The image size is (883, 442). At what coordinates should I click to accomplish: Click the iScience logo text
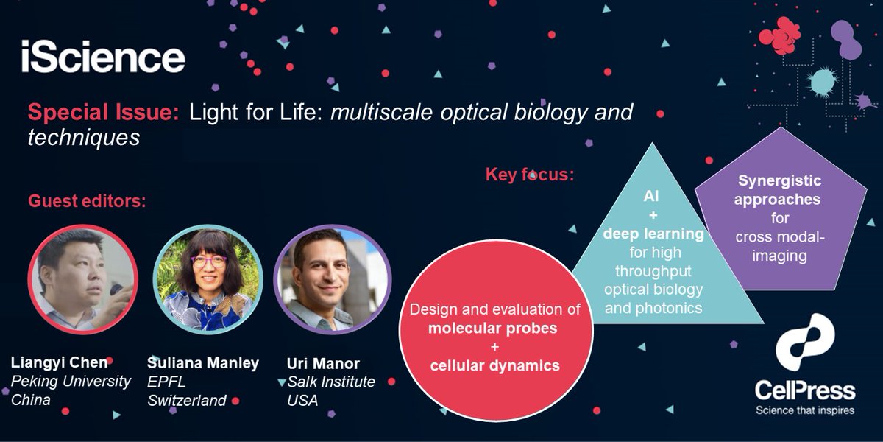[102, 57]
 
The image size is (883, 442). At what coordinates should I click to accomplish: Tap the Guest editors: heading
[88, 201]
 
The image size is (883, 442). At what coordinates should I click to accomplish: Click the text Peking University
[71, 382]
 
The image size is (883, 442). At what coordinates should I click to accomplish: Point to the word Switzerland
[187, 401]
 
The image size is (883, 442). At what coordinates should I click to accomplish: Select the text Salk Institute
[331, 382]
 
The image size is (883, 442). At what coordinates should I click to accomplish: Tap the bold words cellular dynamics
[490, 365]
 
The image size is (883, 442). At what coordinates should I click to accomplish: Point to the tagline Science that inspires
[805, 410]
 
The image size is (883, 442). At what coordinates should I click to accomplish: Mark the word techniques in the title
[83, 137]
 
